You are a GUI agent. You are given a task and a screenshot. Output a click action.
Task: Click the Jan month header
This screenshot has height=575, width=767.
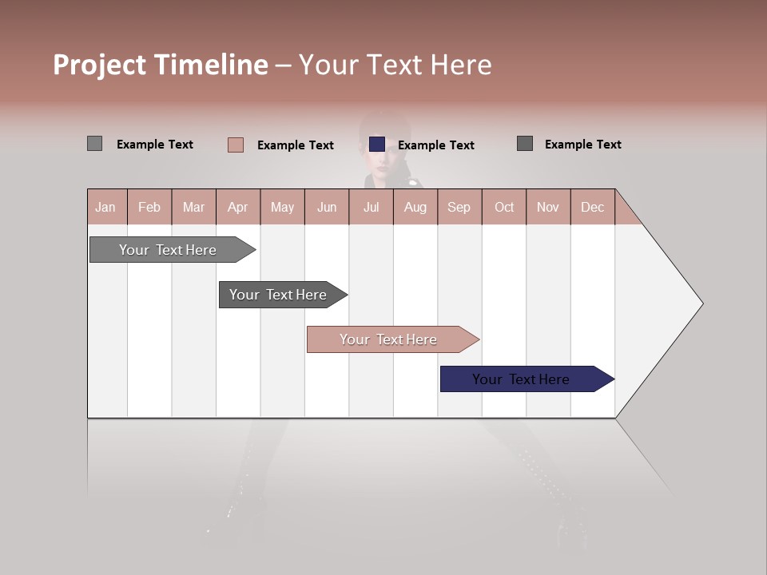(106, 207)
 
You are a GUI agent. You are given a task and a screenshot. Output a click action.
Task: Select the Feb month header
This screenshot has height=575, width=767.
(149, 207)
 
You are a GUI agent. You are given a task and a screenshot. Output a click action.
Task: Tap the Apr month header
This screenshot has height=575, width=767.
(237, 207)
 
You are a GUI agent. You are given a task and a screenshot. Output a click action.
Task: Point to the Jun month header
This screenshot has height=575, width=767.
(327, 207)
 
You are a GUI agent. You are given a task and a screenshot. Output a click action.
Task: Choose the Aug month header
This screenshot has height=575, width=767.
(415, 207)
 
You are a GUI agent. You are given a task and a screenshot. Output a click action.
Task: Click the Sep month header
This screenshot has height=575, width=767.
(459, 207)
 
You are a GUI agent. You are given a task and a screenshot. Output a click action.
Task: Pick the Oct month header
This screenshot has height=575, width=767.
(504, 207)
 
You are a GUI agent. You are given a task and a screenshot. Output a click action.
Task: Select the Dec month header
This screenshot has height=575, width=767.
(592, 207)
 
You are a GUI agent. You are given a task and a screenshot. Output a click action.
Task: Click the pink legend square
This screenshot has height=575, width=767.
(236, 145)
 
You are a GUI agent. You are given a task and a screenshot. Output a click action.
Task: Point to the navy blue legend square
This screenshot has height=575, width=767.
(377, 144)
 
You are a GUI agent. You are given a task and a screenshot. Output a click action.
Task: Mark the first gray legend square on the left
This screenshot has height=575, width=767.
(94, 144)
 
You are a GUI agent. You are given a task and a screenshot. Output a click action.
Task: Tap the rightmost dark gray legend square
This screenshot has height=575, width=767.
(525, 144)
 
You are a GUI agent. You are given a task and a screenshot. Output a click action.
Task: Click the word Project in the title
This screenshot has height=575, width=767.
(100, 65)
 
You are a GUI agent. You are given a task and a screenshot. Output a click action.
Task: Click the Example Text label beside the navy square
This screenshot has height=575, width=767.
(435, 145)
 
